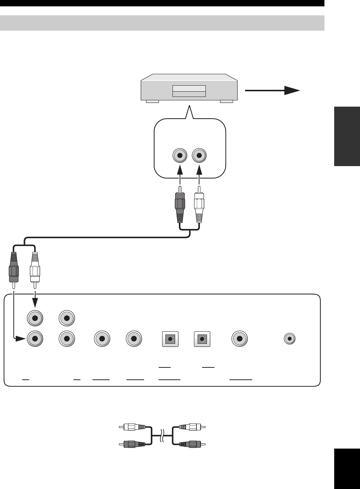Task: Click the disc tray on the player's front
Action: (x=189, y=91)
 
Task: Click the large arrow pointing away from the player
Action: (x=273, y=91)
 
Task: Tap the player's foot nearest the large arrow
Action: (x=226, y=101)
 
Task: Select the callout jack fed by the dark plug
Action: (x=180, y=155)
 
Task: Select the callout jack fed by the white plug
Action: (x=199, y=155)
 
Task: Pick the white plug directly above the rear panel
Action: (x=35, y=268)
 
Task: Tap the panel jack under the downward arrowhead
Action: (x=35, y=318)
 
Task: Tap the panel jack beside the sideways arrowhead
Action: (x=35, y=339)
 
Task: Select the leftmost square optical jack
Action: (x=170, y=339)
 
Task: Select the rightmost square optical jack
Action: (x=202, y=339)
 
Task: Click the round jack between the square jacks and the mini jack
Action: (x=240, y=339)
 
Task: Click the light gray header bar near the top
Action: (x=162, y=23)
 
